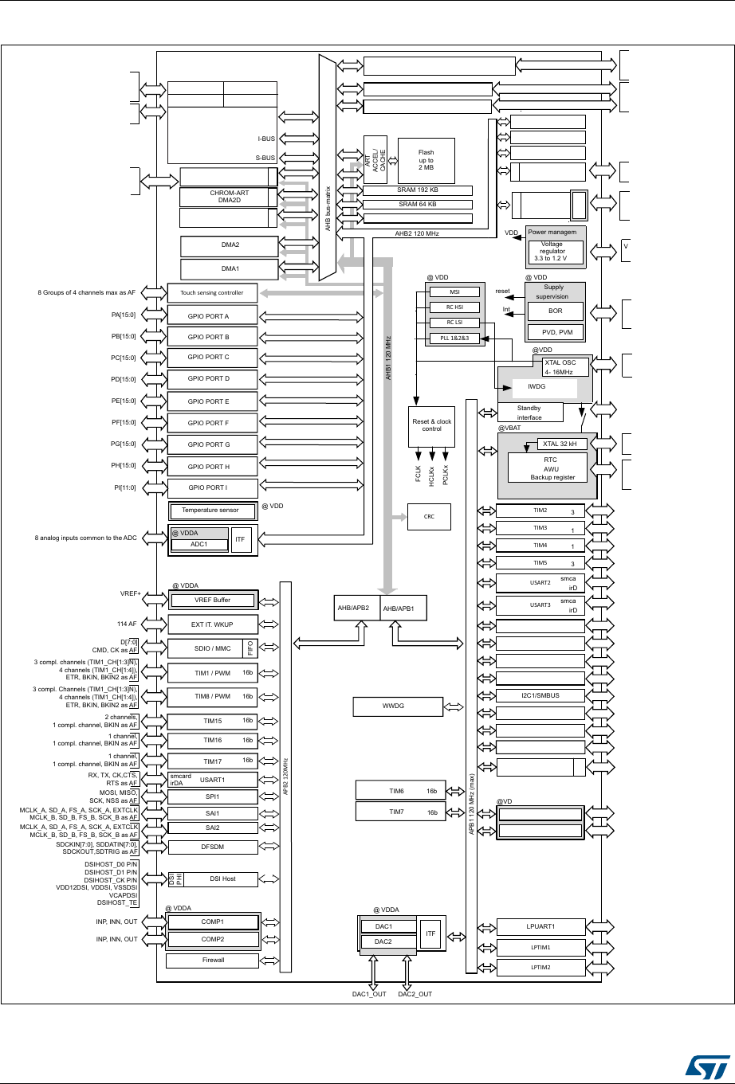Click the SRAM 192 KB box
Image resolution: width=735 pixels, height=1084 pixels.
(417, 190)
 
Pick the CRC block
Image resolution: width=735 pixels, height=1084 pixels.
(429, 516)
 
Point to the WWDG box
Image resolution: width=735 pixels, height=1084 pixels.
(398, 706)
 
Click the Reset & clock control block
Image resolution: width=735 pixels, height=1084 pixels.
(431, 425)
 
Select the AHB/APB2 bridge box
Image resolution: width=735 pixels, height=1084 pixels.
(356, 609)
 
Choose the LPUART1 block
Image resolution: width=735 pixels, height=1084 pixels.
(540, 926)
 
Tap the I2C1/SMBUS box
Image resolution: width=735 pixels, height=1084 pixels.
(540, 695)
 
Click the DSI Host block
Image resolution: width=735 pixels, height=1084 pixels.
(222, 879)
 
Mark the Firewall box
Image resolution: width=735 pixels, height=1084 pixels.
(213, 960)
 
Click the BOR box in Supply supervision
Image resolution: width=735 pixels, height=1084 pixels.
(556, 311)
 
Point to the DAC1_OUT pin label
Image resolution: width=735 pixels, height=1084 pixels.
(370, 994)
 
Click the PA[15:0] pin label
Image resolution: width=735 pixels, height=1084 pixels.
(126, 315)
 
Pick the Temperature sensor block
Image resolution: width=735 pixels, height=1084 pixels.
(210, 510)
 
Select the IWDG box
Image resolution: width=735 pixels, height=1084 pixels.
(537, 388)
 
